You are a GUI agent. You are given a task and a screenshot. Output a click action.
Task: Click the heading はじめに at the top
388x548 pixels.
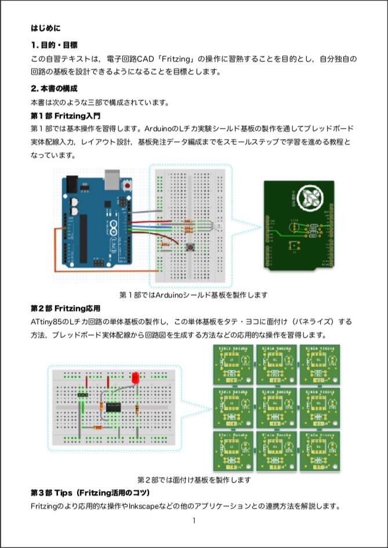[45, 27]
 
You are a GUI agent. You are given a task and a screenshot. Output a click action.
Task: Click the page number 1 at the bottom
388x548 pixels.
[194, 520]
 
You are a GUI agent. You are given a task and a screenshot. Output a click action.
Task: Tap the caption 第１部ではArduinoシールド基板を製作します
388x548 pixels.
[194, 295]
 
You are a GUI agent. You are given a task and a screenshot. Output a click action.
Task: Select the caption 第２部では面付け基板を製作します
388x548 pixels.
[194, 480]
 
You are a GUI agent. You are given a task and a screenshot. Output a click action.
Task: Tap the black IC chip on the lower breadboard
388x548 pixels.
[114, 405]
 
